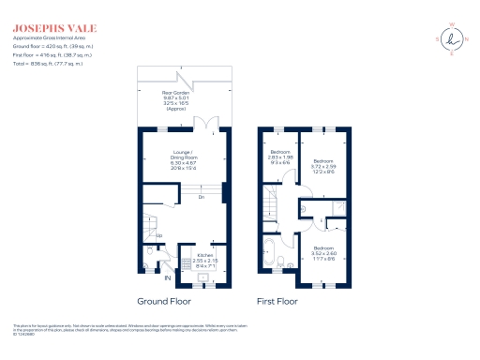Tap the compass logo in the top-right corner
(x=456, y=38)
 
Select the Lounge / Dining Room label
(x=184, y=159)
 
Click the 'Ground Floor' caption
(x=164, y=302)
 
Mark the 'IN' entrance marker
(x=169, y=278)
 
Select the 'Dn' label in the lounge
(x=202, y=197)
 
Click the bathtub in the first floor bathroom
(x=269, y=256)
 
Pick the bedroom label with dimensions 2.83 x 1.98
(x=280, y=157)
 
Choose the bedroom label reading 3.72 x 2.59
(x=325, y=166)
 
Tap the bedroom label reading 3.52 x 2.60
(x=324, y=254)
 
